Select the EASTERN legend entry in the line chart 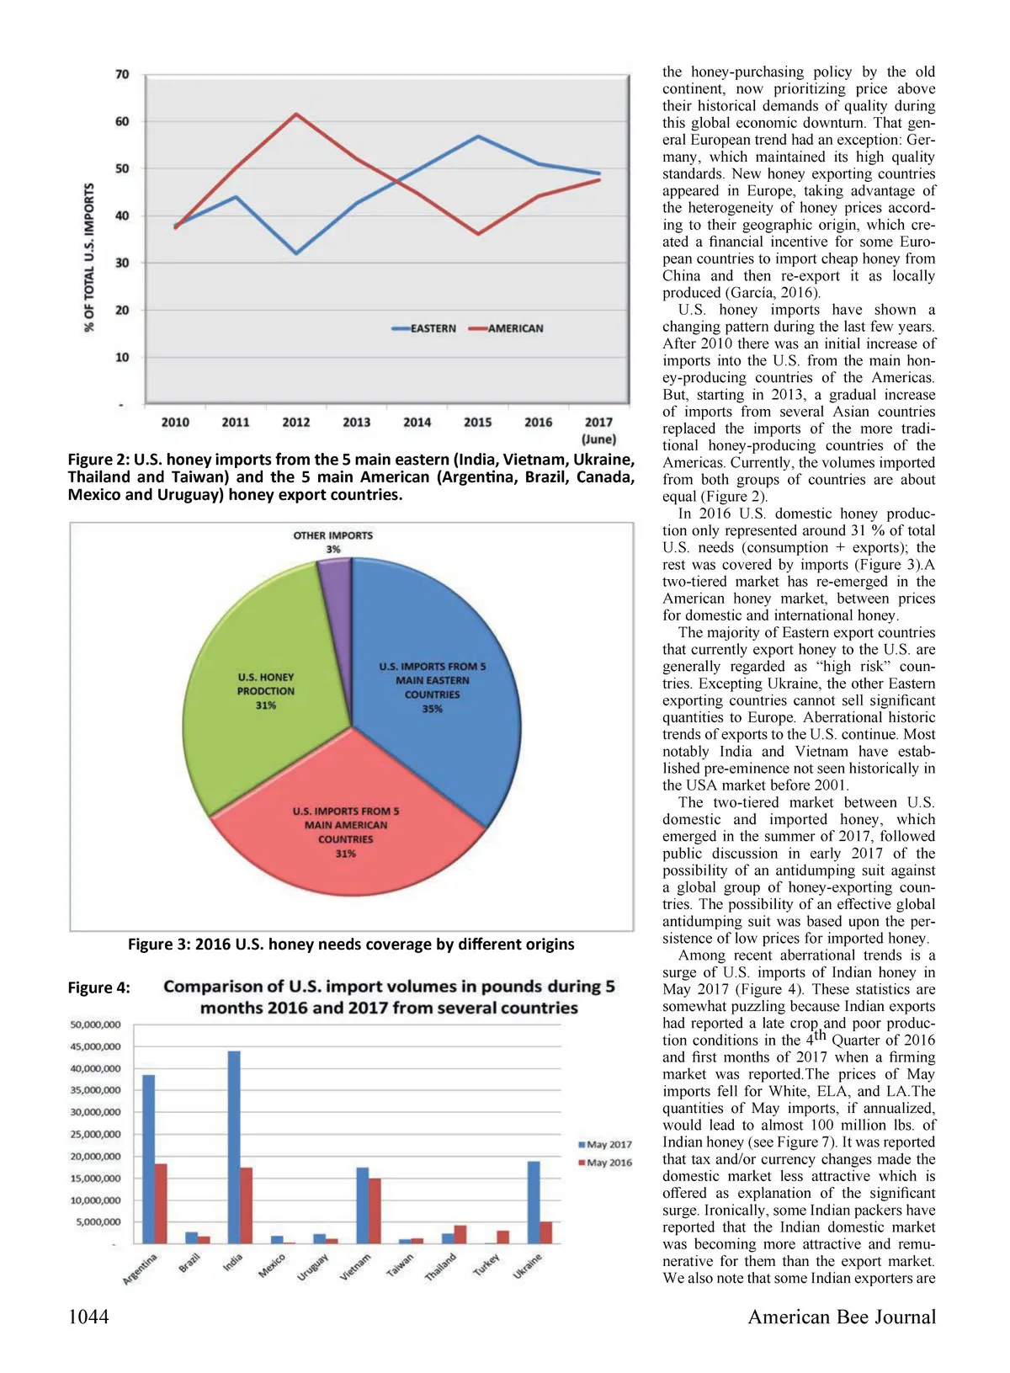(x=425, y=328)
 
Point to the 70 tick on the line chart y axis (x=123, y=75)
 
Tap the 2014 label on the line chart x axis (x=417, y=423)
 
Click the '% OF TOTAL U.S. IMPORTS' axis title (x=89, y=258)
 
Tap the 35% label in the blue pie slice (x=433, y=709)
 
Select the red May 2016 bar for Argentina (x=161, y=1203)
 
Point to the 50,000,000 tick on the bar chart (x=96, y=1025)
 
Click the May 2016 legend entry (x=604, y=1163)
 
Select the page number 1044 (x=88, y=1317)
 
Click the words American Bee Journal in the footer (x=842, y=1317)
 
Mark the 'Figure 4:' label (x=99, y=988)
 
